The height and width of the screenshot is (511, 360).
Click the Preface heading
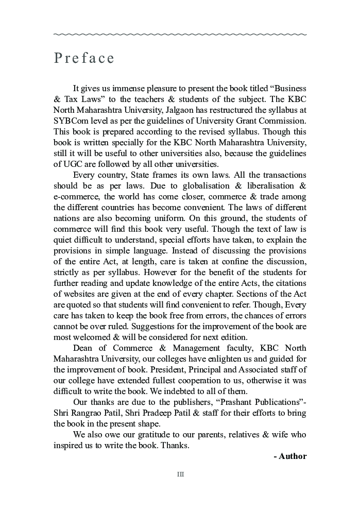[x=84, y=58]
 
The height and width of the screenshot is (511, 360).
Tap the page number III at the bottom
[x=180, y=474]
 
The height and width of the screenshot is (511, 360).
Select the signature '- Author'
[x=290, y=456]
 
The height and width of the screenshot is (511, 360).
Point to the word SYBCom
[x=69, y=121]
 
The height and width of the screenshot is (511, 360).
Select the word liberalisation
[x=267, y=186]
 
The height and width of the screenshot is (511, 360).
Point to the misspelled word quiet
[x=64, y=240]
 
